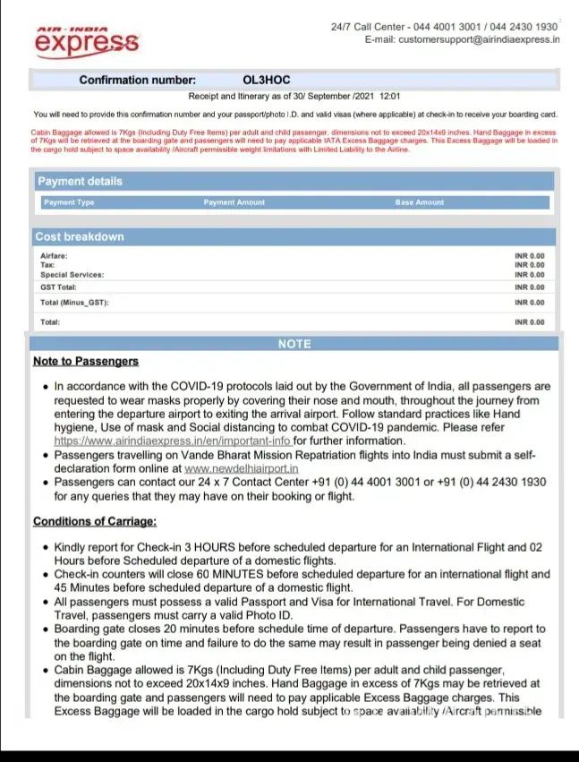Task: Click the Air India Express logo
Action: point(87,39)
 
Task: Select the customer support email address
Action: point(479,39)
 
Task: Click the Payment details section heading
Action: point(80,181)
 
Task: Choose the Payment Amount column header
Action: point(234,202)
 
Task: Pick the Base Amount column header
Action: point(419,202)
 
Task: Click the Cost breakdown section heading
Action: point(79,237)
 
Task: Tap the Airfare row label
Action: point(54,256)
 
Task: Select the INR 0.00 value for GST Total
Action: point(529,287)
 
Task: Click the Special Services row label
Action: point(72,275)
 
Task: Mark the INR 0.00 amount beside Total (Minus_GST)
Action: point(529,303)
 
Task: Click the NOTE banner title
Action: point(294,344)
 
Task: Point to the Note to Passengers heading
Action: point(86,362)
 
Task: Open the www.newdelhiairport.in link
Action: point(242,468)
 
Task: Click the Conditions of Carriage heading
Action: point(95,521)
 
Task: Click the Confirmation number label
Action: point(137,81)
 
